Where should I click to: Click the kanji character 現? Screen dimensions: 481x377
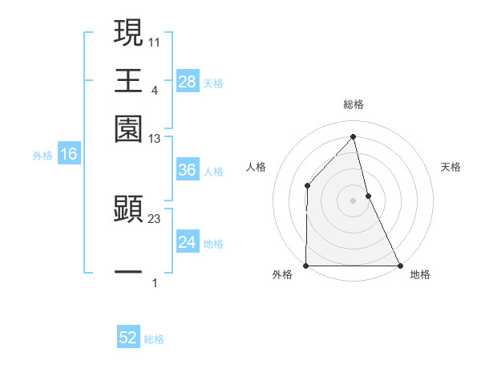[x=128, y=33]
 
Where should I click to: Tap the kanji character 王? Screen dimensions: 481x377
[x=128, y=81]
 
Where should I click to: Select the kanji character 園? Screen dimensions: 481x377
[x=128, y=129]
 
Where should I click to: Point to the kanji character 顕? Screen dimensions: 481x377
[x=128, y=209]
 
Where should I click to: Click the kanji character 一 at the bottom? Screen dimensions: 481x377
[x=128, y=272]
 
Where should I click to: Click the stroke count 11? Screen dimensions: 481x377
[x=156, y=41]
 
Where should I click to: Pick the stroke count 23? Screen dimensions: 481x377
[x=156, y=217]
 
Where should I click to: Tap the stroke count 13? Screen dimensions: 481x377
[x=156, y=140]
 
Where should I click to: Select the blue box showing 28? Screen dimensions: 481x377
[x=187, y=82]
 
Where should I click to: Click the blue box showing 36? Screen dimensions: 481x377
[x=187, y=170]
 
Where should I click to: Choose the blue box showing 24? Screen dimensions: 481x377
[x=187, y=242]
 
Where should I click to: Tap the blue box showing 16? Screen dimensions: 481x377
[x=69, y=155]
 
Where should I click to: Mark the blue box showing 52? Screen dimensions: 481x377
[x=128, y=338]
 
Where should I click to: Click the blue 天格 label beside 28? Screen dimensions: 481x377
[x=213, y=83]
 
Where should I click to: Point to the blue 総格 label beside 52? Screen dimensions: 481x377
[x=154, y=339]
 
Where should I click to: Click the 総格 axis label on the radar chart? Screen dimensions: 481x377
[x=353, y=104]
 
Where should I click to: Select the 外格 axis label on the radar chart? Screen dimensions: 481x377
[x=282, y=274]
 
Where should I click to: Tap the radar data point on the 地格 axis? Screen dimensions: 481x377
[x=399, y=266]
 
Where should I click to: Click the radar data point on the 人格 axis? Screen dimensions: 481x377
[x=307, y=186]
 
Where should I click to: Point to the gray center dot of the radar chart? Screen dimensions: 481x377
[x=353, y=201]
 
